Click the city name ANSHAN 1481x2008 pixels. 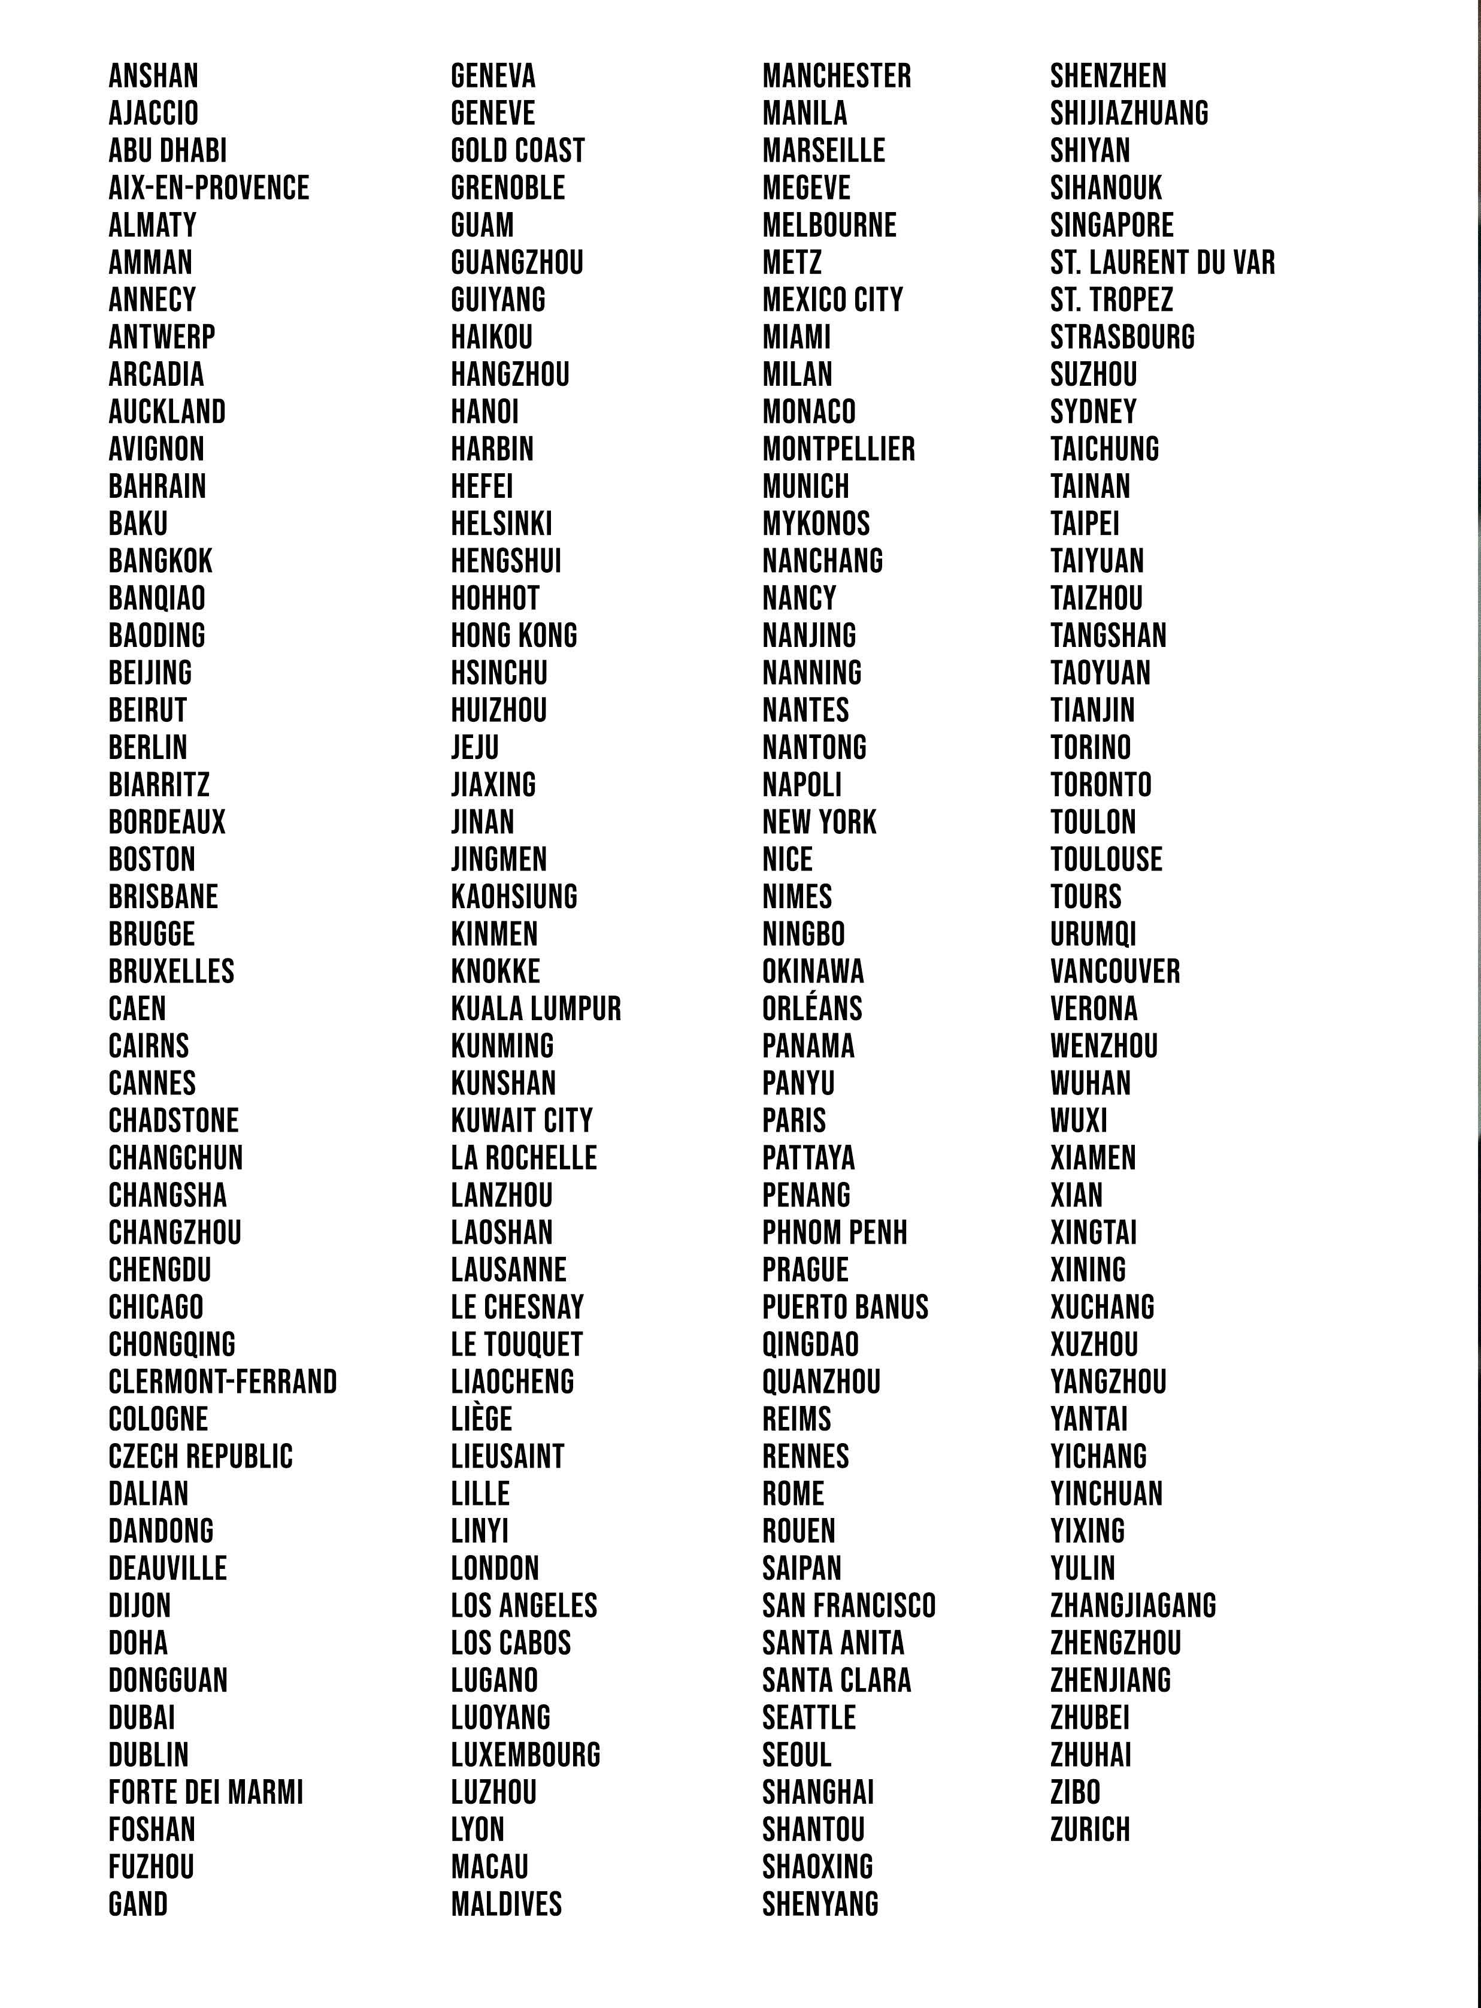click(x=153, y=76)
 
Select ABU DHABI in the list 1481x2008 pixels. click(x=168, y=151)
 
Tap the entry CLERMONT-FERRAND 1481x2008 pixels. click(x=222, y=1382)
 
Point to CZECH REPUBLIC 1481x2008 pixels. click(x=201, y=1456)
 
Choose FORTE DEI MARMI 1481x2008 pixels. click(x=206, y=1793)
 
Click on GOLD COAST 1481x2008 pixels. click(x=517, y=151)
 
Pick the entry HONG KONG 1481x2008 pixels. click(x=514, y=636)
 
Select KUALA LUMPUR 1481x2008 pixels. click(x=535, y=1009)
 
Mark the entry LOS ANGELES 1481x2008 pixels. click(x=523, y=1605)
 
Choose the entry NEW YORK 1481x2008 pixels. click(x=819, y=822)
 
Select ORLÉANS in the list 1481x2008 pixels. click(x=812, y=1009)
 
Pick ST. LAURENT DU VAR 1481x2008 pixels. click(x=1162, y=263)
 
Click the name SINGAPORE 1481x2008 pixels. click(x=1111, y=225)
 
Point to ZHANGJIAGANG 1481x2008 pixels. click(x=1133, y=1605)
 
